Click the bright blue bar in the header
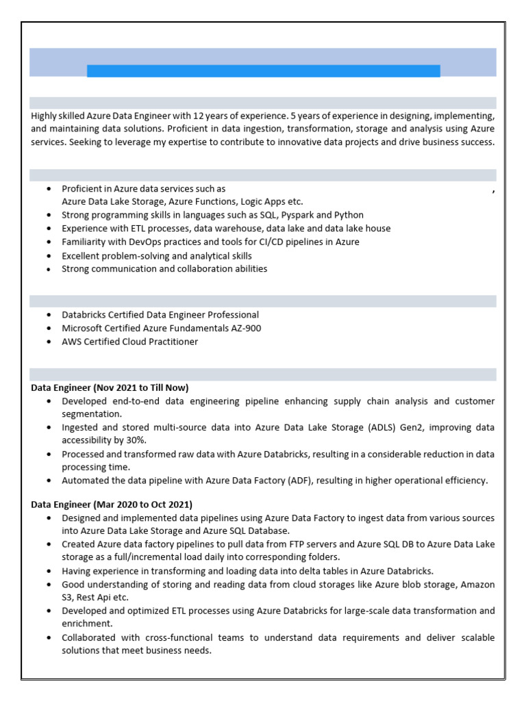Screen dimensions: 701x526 pos(263,71)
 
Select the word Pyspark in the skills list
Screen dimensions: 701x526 pos(299,215)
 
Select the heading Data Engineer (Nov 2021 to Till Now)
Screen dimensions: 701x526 pos(110,387)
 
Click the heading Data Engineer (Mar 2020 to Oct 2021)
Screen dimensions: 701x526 pos(112,505)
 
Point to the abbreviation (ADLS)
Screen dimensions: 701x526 pos(399,427)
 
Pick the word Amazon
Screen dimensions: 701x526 pos(477,584)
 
